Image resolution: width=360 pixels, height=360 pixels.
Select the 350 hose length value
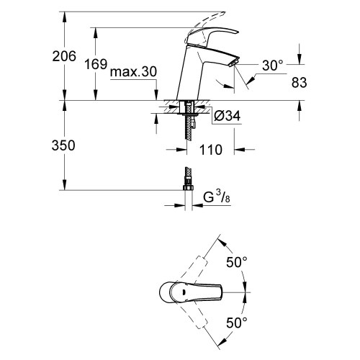[x=64, y=145]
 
